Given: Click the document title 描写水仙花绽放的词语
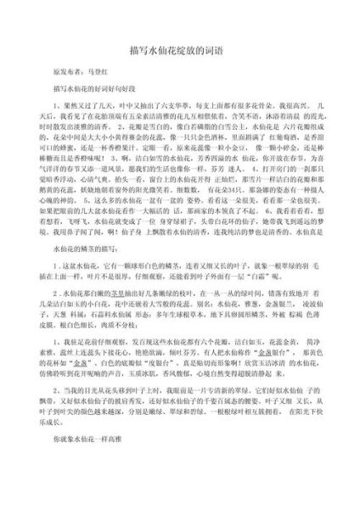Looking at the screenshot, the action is coord(180,49).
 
